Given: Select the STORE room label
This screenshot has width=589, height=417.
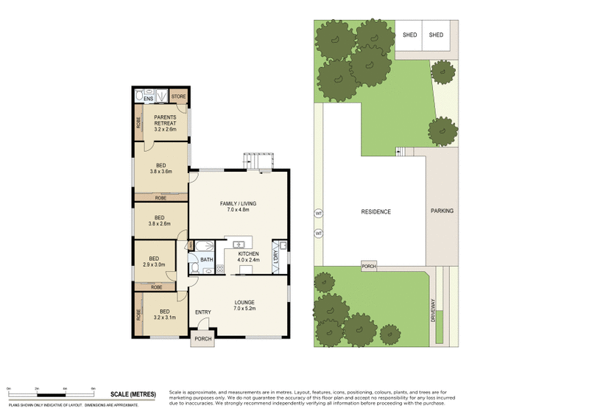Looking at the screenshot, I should click(178, 97).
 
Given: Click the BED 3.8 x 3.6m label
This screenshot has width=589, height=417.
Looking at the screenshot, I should click(160, 169).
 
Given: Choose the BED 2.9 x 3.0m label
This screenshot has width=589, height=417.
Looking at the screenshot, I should click(154, 262).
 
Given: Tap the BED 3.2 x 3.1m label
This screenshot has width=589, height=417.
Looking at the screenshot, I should click(165, 315).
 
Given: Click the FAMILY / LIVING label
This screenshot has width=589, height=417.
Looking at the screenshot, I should click(238, 207).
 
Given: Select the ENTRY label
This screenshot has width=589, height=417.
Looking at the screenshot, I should click(203, 312).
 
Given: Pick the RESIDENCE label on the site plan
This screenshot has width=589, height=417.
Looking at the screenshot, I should click(375, 212).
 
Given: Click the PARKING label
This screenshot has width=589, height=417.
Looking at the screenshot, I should click(443, 211).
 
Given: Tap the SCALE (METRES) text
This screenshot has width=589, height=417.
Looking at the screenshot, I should click(133, 395).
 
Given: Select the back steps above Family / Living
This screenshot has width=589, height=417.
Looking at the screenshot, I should click(258, 161).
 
